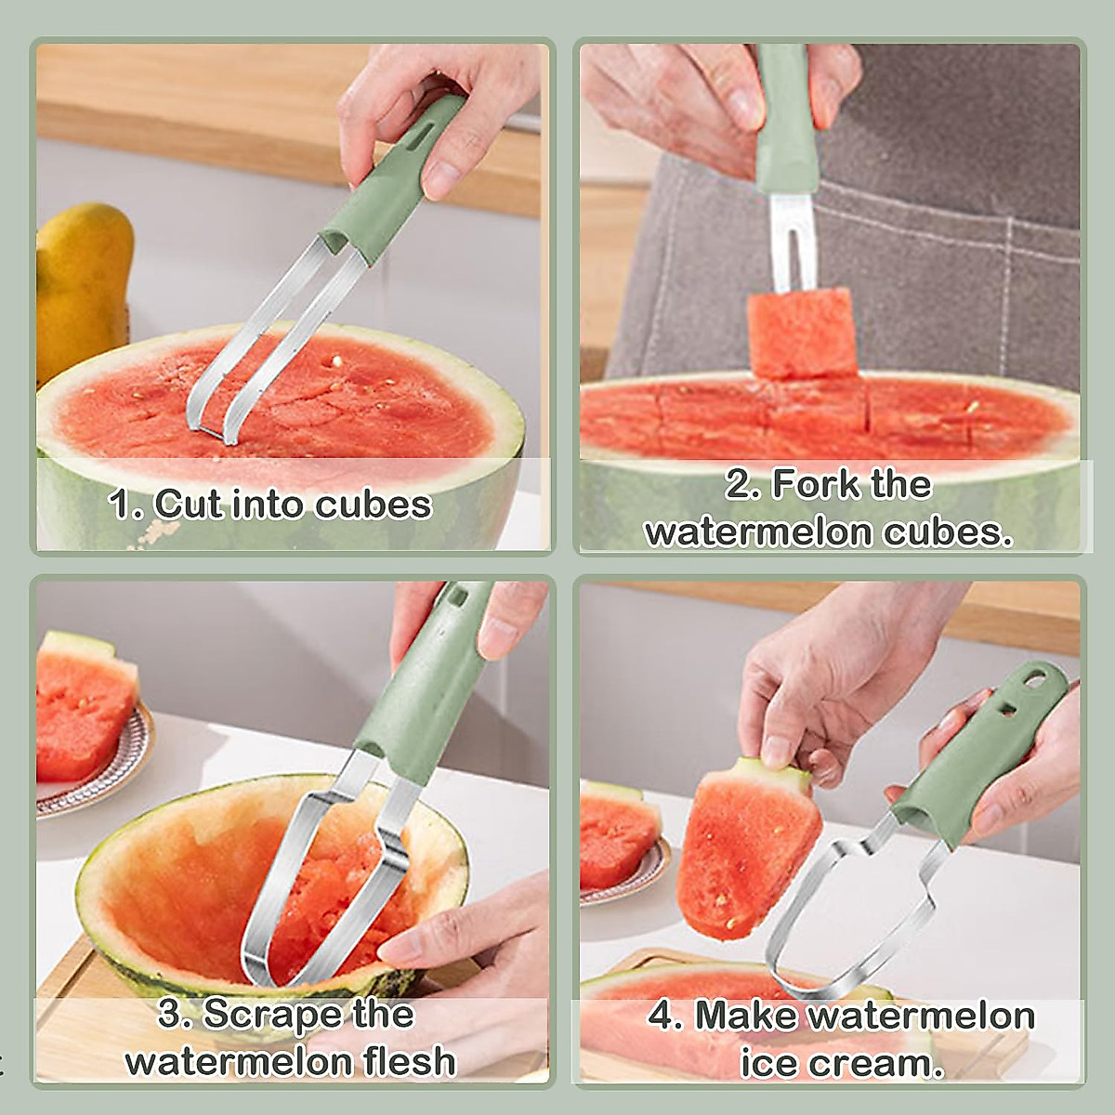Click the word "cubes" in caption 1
tap(373, 505)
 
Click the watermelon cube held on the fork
tap(801, 333)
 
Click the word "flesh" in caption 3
tap(408, 1060)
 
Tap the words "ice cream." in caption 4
tap(841, 1062)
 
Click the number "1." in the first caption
tap(125, 505)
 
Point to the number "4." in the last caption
tap(665, 1015)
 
